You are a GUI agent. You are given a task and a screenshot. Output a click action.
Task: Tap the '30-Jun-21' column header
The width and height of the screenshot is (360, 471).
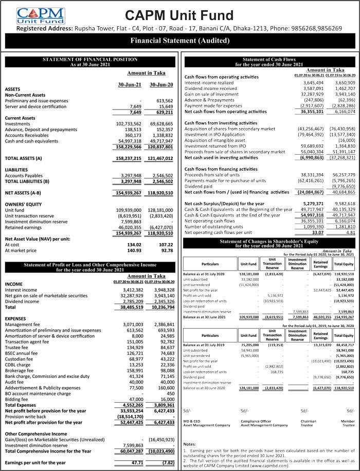130,84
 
